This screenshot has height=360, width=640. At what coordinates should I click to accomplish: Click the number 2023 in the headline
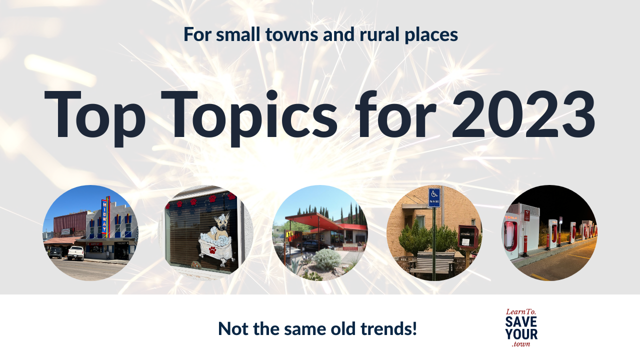click(523, 115)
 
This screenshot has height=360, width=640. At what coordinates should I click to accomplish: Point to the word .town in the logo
click(521, 344)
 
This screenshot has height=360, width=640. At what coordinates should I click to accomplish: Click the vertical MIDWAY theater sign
click(105, 216)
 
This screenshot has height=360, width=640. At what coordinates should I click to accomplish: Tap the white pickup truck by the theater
click(76, 253)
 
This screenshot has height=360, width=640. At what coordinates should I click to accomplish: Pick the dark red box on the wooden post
click(468, 237)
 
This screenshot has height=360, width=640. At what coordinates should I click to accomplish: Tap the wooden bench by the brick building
click(434, 261)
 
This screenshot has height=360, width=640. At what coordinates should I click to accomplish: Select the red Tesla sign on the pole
click(526, 215)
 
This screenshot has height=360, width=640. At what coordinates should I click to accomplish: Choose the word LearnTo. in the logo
click(521, 311)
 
